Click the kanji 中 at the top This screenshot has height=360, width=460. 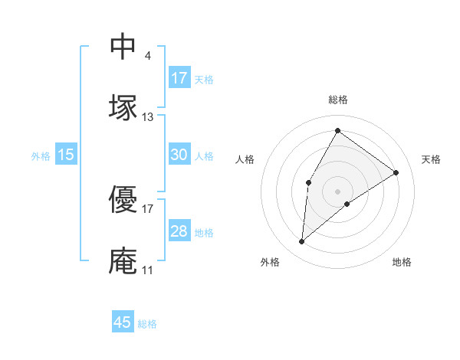pos(123,47)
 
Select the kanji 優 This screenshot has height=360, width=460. pos(123,198)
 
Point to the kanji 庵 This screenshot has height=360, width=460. pos(123,260)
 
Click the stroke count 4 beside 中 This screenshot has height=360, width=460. pos(147,56)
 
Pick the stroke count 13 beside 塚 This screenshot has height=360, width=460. pos(148,117)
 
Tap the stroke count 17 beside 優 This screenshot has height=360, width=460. pos(148,208)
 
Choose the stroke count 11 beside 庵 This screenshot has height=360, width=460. pos(147,270)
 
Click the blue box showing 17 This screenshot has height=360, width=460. pos(179,77)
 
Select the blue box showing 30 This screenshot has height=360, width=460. pos(179,155)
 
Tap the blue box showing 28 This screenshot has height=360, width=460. pos(179,231)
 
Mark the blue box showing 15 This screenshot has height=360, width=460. pos(66,155)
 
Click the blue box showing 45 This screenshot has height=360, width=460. pos(123,322)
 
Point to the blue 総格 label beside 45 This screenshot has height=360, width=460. pos(147,324)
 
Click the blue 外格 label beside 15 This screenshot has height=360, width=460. pos(41,156)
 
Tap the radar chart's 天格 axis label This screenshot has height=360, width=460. pos(431,159)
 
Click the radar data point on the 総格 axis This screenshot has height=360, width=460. pos(337,130)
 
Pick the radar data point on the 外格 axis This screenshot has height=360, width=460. pos(302,242)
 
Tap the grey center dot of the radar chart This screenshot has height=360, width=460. pos(337,190)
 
